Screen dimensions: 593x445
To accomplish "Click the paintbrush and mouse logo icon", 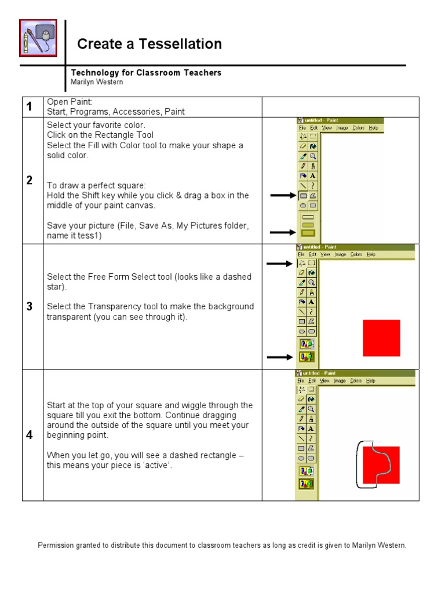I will coord(38,38).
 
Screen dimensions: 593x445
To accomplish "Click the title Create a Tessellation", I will coord(149,44).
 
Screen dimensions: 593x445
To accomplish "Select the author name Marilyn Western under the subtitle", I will coord(96,82).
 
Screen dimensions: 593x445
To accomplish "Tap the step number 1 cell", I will coord(30,107).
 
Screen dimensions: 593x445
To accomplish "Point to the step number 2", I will coord(30,181).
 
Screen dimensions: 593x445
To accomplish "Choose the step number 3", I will coord(30,306).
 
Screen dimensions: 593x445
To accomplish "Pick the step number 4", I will coord(30,435).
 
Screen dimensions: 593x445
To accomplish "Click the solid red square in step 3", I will coord(381,338).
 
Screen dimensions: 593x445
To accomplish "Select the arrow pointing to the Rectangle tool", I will coord(282,196).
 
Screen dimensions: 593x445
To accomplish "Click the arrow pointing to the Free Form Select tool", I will coord(280,264).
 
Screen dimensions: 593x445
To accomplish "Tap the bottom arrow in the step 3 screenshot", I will coord(280,357).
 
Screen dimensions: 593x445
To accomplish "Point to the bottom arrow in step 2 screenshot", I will coord(282,233).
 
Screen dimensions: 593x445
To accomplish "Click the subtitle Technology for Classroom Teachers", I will coord(146,72).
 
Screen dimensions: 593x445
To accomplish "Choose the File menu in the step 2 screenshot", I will coord(301,127).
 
